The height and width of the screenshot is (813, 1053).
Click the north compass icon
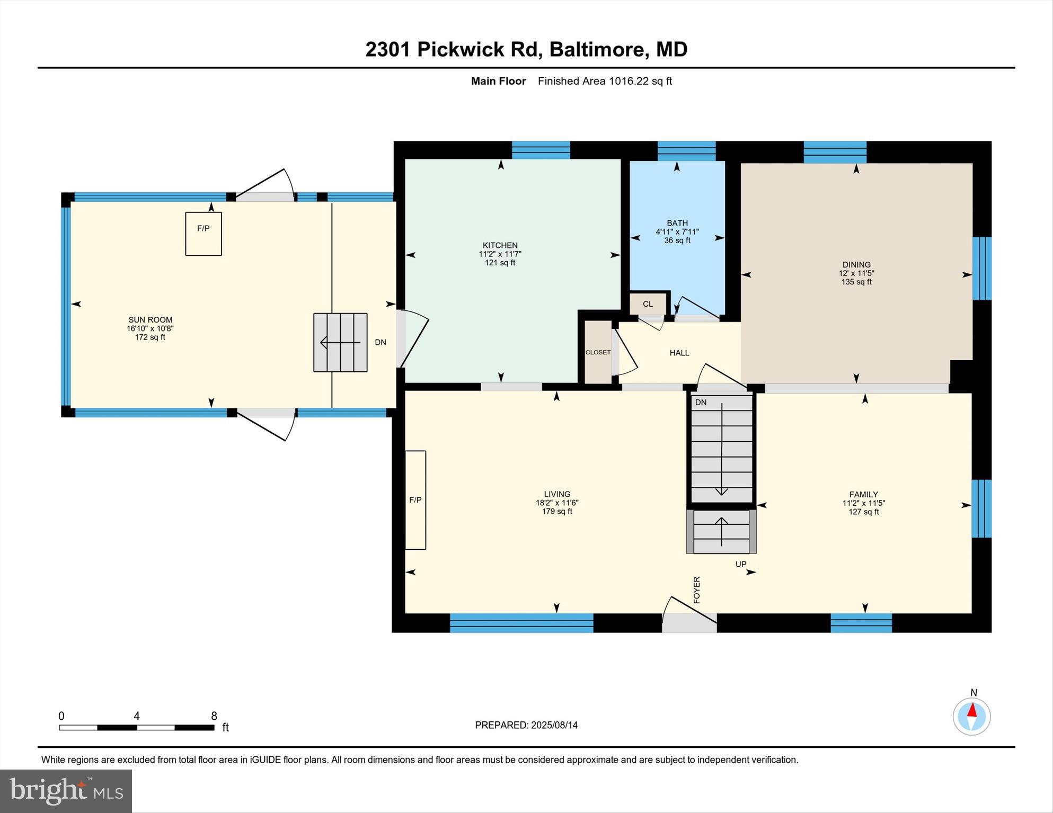(972, 716)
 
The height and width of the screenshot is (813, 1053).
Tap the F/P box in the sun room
(203, 234)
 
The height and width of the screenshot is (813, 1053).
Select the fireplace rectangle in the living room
(415, 500)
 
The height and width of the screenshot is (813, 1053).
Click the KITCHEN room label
(500, 245)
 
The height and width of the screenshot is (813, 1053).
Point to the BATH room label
(677, 223)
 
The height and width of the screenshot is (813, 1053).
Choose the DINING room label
(856, 265)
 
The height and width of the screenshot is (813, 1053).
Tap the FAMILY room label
(864, 495)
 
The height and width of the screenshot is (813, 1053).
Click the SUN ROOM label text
(151, 320)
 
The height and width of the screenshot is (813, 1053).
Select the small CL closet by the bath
(648, 304)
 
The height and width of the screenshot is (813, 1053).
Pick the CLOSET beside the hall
(598, 352)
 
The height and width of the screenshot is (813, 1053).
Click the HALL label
(679, 353)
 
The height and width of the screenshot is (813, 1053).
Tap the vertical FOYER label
(697, 589)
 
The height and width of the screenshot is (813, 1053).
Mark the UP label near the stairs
(741, 564)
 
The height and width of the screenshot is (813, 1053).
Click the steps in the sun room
(340, 342)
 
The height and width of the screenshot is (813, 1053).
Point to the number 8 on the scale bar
(214, 716)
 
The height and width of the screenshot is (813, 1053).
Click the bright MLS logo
(66, 791)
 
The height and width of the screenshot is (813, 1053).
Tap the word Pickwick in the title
(460, 49)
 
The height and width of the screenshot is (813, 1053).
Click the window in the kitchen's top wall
(541, 150)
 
